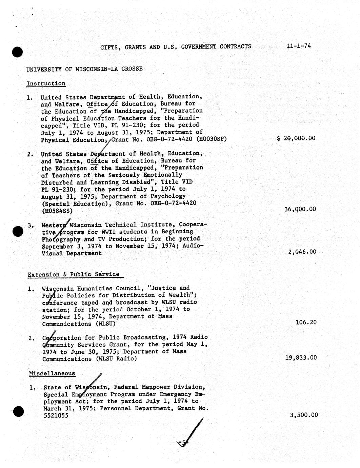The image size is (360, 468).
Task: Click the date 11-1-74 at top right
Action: click(298, 46)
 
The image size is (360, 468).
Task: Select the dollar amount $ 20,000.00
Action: click(296, 138)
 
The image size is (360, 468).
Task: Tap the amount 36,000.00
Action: click(300, 209)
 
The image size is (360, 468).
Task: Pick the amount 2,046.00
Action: click(302, 252)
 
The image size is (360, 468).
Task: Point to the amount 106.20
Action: click(306, 322)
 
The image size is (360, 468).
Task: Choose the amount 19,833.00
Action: click(301, 357)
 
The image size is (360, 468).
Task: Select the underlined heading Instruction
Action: click(46, 83)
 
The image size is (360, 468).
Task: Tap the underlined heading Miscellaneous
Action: click(52, 373)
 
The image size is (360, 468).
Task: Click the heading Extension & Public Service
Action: click(73, 274)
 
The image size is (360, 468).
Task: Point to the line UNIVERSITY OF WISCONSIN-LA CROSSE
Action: click(84, 69)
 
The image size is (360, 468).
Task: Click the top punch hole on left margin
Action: click(17, 52)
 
